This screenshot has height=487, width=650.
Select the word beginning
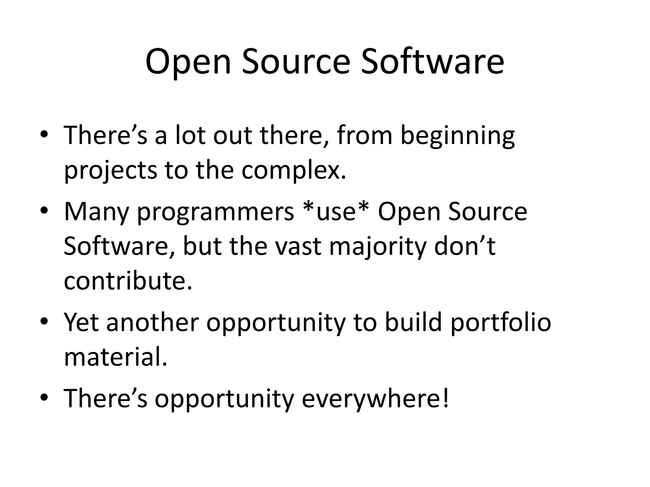(457, 136)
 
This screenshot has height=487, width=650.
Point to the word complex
(293, 171)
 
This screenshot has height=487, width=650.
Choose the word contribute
(128, 281)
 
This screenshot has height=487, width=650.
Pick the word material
(115, 358)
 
